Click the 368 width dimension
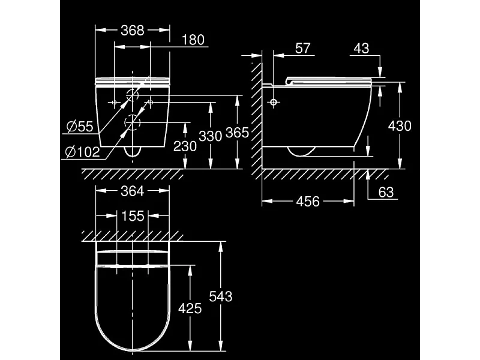tap(132, 30)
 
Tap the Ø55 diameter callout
tap(79, 126)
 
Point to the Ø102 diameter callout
tap(80, 152)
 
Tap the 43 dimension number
tap(361, 49)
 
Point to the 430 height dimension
tap(400, 126)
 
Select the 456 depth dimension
tap(308, 202)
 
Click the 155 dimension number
tap(132, 216)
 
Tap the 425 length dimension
tap(190, 308)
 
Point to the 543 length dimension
tap(220, 296)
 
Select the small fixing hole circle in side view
tap(274, 103)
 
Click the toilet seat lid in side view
tap(330, 79)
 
